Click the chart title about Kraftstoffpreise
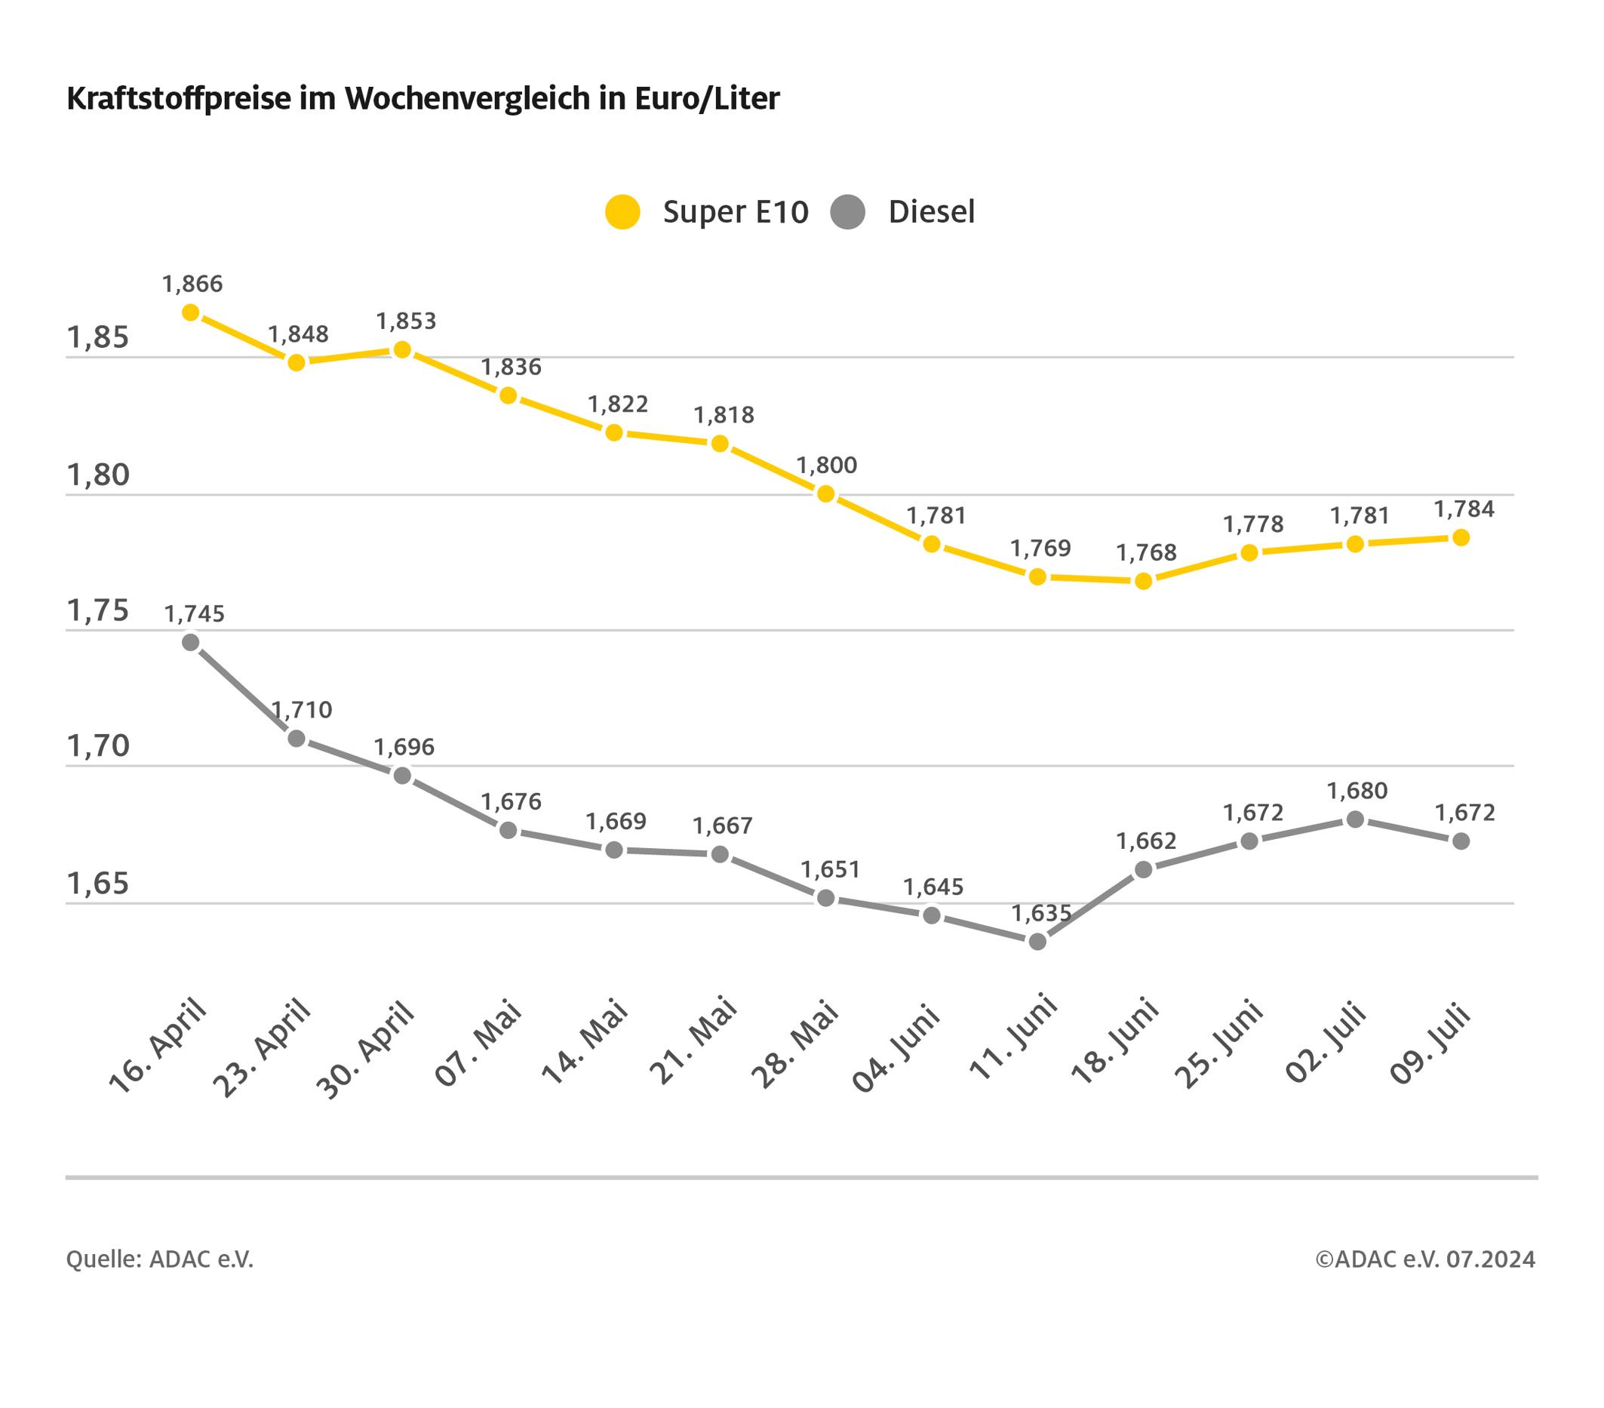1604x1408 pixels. pyautogui.click(x=423, y=99)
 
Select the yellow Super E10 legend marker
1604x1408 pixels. pyautogui.click(x=622, y=212)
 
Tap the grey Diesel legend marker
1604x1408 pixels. pyautogui.click(x=847, y=212)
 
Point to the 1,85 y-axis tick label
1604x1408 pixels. pyautogui.click(x=98, y=337)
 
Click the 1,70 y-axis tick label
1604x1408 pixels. pyautogui.click(x=98, y=746)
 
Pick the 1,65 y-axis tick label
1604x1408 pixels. pyautogui.click(x=98, y=884)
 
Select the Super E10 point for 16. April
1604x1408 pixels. pyautogui.click(x=191, y=312)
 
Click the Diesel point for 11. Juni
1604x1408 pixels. pyautogui.click(x=1037, y=941)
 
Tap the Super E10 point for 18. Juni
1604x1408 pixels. pyautogui.click(x=1143, y=581)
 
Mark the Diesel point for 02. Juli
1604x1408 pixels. pyautogui.click(x=1355, y=819)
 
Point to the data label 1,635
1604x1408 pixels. pyautogui.click(x=1040, y=913)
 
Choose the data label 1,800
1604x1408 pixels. pyautogui.click(x=826, y=465)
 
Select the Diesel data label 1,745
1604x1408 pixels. pyautogui.click(x=194, y=613)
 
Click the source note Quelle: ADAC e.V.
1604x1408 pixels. pyautogui.click(x=159, y=1259)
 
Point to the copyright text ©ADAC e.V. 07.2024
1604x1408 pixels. pyautogui.click(x=1425, y=1259)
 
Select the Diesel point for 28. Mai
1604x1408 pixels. pyautogui.click(x=825, y=898)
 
